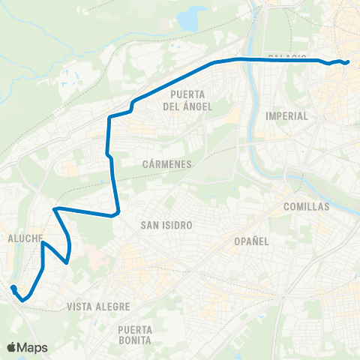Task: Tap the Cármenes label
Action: point(167,163)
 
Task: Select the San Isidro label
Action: point(167,225)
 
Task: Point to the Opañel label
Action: point(250,241)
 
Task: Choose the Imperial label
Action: point(287,116)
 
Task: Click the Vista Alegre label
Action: point(98,307)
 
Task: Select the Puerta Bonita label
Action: point(135,334)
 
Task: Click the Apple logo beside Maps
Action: point(12,347)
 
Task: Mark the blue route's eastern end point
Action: point(348,62)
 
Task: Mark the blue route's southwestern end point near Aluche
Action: point(13,287)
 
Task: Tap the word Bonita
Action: point(135,340)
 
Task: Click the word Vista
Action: point(79,307)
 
